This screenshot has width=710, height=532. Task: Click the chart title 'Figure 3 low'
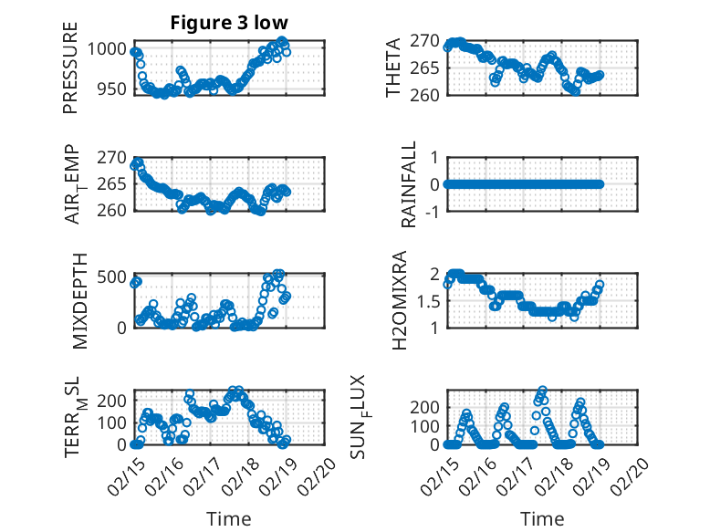pos(229,23)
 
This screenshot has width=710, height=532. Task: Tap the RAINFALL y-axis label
pos(410,184)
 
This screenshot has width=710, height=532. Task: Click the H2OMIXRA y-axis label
pos(399,299)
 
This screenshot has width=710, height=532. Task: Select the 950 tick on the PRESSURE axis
pos(114,89)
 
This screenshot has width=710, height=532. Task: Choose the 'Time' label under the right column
pos(542,518)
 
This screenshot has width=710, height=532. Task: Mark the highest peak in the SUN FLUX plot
pos(542,390)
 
